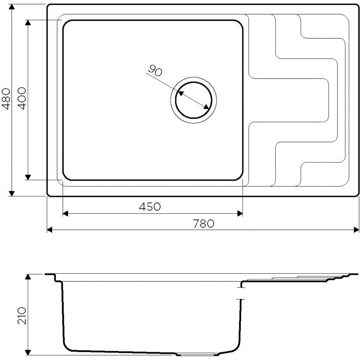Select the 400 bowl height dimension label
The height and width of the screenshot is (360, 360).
(x=22, y=98)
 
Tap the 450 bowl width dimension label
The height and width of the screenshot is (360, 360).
(x=150, y=207)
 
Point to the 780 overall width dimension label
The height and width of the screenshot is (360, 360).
(x=203, y=223)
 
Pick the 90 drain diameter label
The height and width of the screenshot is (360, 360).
(x=155, y=71)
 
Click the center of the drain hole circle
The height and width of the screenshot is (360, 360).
(x=193, y=100)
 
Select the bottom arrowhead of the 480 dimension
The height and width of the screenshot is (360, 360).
(x=12, y=193)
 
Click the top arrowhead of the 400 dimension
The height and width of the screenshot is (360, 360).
(x=28, y=23)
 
